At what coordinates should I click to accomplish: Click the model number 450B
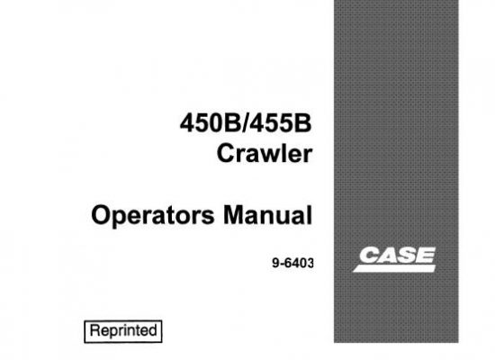[211, 123]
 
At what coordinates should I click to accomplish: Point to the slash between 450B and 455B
[247, 123]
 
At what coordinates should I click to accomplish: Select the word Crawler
[265, 154]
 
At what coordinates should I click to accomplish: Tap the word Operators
[153, 215]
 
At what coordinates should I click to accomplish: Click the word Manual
[267, 215]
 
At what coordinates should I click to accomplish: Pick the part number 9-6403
[293, 263]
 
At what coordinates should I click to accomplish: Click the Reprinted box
[123, 331]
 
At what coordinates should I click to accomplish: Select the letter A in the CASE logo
[388, 255]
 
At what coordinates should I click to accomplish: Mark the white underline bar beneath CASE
[394, 268]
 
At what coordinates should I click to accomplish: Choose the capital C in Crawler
[225, 154]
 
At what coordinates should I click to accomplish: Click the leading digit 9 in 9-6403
[275, 264]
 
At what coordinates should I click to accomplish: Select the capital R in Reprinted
[95, 330]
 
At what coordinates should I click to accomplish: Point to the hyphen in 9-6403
[282, 265]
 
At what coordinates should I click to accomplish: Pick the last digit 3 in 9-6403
[310, 264]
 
